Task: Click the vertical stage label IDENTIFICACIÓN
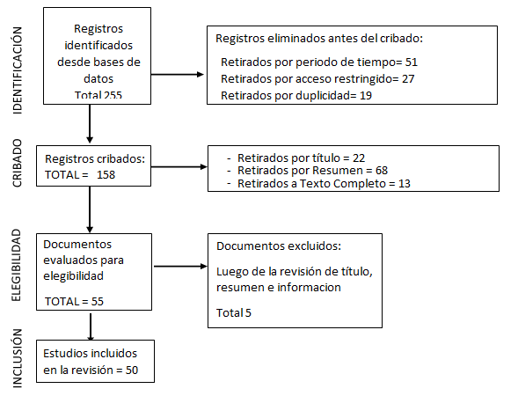coord(18,70)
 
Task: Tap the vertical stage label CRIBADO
coord(18,164)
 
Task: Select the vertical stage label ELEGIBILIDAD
coord(16,265)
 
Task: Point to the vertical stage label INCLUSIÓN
coord(18,358)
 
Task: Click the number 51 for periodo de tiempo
coord(412,62)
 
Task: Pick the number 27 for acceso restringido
coord(408,79)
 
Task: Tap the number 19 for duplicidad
coord(366,96)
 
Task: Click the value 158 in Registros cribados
coord(106,174)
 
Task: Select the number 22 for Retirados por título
coord(359,158)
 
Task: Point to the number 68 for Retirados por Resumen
coord(382,171)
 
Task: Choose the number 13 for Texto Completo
coord(404,183)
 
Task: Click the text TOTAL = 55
coord(75,302)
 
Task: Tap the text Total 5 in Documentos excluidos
coord(234,312)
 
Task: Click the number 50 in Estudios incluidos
coord(132,370)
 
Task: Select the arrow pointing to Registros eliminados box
coord(178,75)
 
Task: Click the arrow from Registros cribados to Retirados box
coord(179,167)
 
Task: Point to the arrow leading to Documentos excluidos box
coord(180,266)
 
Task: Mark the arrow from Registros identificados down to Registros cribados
coord(90,124)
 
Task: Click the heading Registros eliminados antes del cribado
coord(319,39)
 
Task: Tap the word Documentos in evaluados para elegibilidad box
coord(77,245)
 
